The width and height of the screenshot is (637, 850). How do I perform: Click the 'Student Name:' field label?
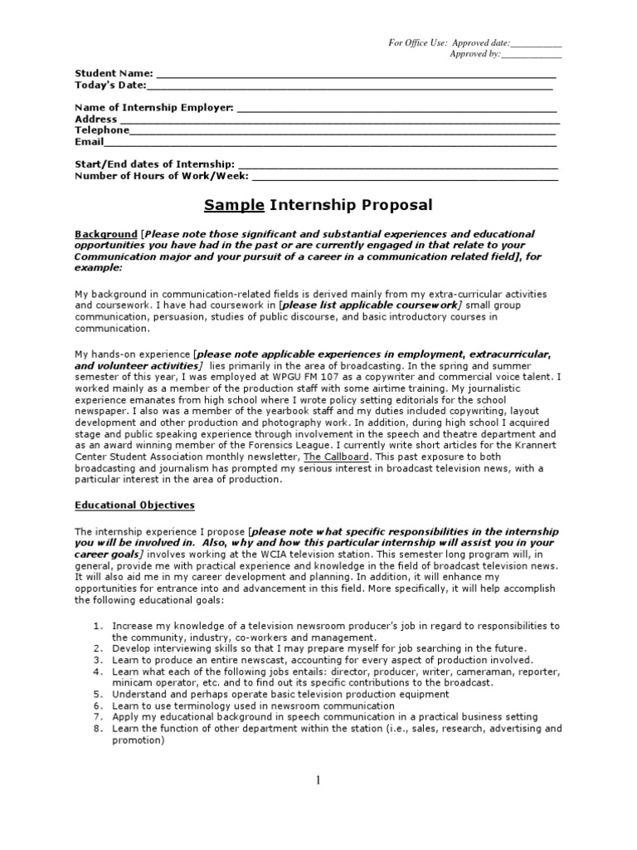(114, 73)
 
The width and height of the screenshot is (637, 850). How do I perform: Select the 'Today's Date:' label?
(110, 85)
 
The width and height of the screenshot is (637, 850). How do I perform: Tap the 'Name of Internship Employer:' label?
(154, 108)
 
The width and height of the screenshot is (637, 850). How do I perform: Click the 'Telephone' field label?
(102, 130)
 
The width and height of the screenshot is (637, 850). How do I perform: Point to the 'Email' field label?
(89, 142)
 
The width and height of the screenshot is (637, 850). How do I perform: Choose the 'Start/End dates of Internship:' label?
(154, 164)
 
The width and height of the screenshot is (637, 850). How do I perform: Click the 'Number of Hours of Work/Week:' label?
(162, 176)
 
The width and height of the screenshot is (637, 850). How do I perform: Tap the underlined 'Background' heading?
(106, 234)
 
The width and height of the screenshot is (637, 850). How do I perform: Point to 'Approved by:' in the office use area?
(475, 54)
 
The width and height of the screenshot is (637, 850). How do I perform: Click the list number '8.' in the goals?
(97, 729)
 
